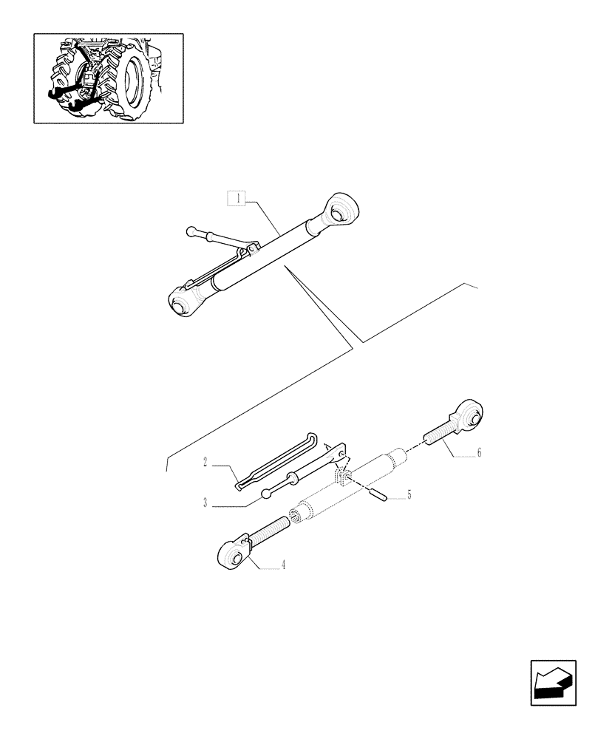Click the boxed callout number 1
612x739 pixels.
click(x=237, y=198)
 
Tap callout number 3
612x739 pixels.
click(x=204, y=505)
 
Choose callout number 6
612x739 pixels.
click(x=478, y=452)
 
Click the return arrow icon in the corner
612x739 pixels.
click(x=553, y=682)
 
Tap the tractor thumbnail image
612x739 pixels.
click(x=108, y=78)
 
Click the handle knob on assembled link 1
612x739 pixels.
click(x=191, y=231)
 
